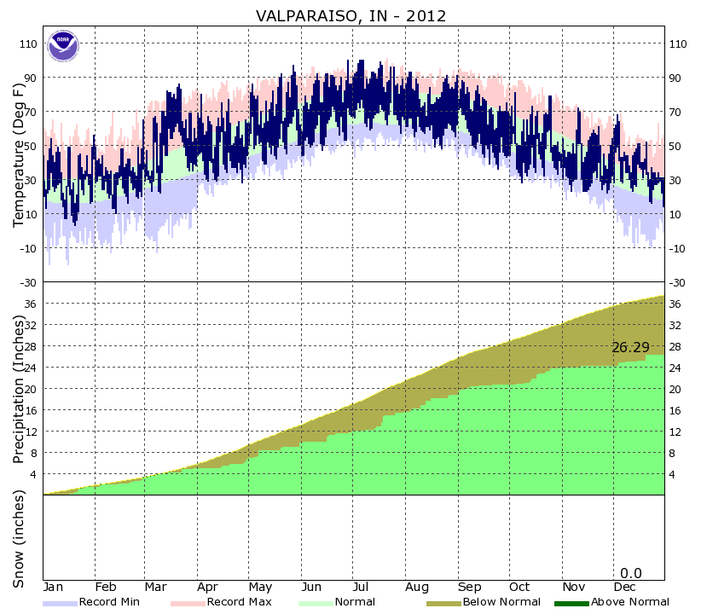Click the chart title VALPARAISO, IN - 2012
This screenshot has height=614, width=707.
351,15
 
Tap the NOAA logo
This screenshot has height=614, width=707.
61,45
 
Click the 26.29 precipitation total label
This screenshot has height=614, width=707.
630,347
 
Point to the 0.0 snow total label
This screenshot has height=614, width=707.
631,573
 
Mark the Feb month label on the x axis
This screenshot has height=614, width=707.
105,588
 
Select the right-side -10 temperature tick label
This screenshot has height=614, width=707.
679,249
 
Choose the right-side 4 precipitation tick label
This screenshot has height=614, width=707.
674,474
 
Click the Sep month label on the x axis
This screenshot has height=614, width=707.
469,588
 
